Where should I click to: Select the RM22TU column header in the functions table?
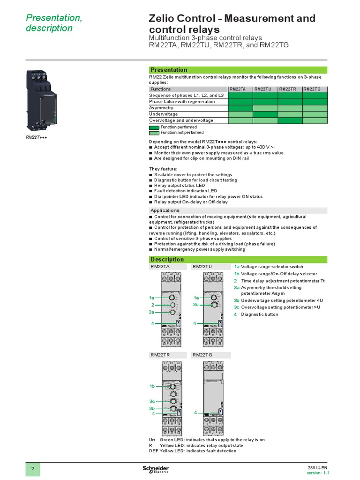pyautogui.click(x=265, y=89)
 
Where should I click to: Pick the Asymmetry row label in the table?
pyautogui.click(x=161, y=108)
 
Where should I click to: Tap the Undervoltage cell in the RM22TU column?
pyautogui.click(x=265, y=114)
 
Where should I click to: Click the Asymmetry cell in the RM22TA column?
pyautogui.click(x=240, y=108)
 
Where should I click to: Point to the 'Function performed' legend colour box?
pyautogui.click(x=154, y=127)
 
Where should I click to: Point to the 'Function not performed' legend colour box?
pyautogui.click(x=154, y=133)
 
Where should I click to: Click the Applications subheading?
pyautogui.click(x=165, y=210)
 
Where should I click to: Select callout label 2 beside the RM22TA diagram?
pyautogui.click(x=153, y=305)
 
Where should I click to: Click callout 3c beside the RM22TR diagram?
pyautogui.click(x=152, y=402)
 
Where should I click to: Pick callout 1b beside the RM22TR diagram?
pyautogui.click(x=152, y=386)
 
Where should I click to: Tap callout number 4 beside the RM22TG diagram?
pyautogui.click(x=195, y=412)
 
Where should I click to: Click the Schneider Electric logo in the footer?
pyautogui.click(x=156, y=470)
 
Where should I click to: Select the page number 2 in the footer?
pyautogui.click(x=33, y=469)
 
